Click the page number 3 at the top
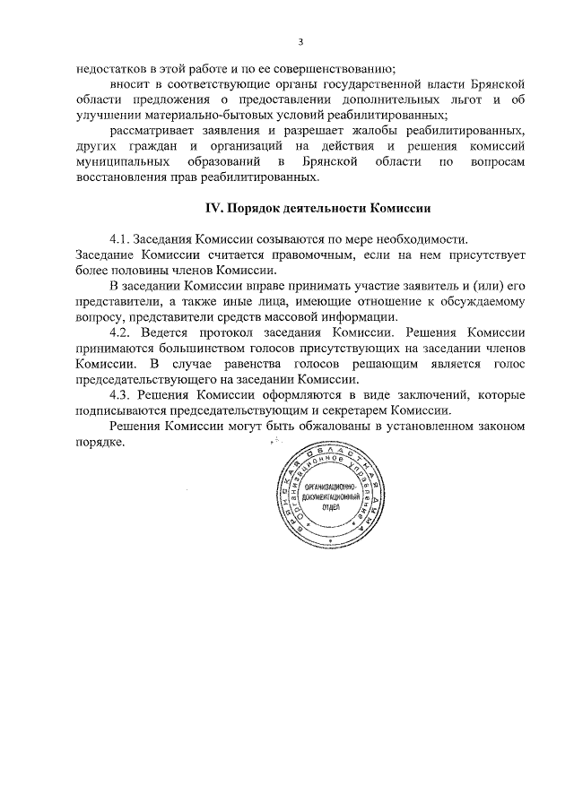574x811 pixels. pyautogui.click(x=300, y=41)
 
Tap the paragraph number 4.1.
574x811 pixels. pyautogui.click(x=120, y=241)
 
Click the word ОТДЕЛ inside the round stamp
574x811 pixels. pyautogui.click(x=323, y=507)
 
